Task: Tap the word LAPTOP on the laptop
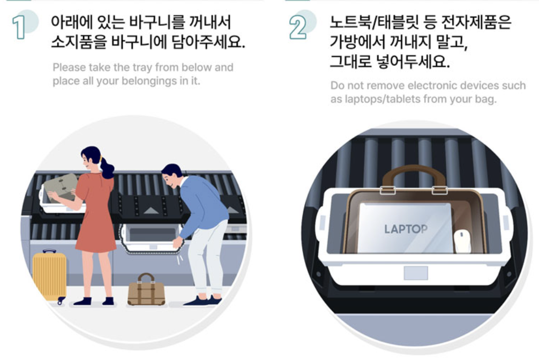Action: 406,229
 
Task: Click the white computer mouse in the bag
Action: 462,242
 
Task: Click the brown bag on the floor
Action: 146,290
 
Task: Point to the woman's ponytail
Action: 107,168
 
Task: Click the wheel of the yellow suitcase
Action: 61,301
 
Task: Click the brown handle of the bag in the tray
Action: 414,174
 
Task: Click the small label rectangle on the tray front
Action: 416,273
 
